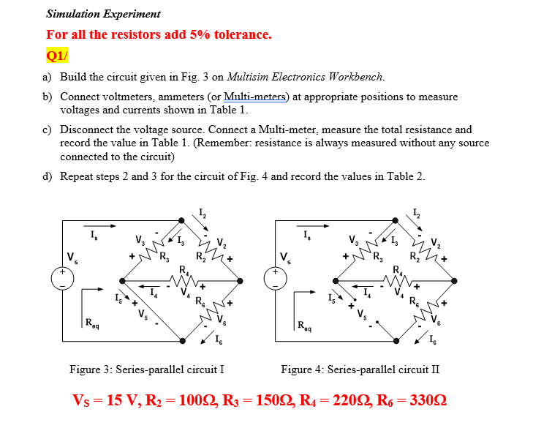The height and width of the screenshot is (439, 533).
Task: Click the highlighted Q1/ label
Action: (57, 56)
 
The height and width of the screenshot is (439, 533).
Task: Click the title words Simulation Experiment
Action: (103, 14)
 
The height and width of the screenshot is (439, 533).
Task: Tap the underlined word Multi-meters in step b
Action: (256, 97)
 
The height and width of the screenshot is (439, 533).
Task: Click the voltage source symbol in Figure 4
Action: (276, 279)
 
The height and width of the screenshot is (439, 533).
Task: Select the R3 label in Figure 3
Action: (165, 257)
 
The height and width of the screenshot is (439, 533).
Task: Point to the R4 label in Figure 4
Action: (397, 271)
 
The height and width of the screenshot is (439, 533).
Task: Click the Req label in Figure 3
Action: (93, 323)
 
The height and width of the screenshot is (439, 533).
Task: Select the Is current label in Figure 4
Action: (306, 235)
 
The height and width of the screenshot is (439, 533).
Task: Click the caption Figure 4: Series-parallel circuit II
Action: (360, 369)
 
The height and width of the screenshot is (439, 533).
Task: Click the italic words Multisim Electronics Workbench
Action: (306, 76)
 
